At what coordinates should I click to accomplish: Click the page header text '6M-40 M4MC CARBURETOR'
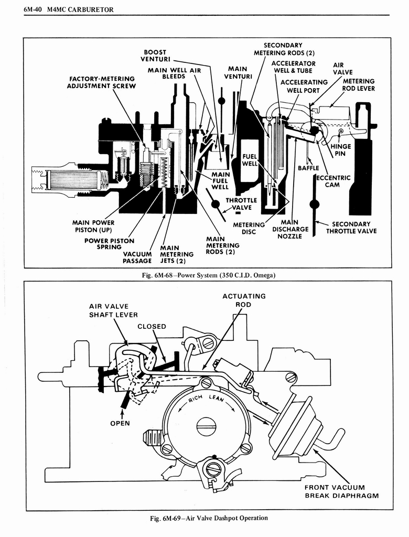69,10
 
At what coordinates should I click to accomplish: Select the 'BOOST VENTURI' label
155,56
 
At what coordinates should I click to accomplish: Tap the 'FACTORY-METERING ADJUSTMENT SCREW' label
102,82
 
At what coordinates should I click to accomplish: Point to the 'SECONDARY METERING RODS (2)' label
284,49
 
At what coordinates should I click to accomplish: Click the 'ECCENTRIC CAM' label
331,181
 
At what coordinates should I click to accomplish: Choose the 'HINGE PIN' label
340,150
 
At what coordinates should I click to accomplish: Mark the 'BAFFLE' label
308,168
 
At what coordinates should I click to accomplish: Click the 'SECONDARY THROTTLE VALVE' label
351,228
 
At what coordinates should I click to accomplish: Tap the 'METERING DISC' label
249,229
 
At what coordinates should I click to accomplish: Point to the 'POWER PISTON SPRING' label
109,244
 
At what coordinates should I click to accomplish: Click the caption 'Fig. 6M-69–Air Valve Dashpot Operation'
208,518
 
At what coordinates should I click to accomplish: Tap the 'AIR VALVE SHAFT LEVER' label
113,310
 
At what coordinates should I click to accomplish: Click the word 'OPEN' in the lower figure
120,423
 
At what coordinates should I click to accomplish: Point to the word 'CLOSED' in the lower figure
152,326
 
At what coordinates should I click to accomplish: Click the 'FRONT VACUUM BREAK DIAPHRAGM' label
341,491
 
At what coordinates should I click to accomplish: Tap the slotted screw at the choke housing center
206,426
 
